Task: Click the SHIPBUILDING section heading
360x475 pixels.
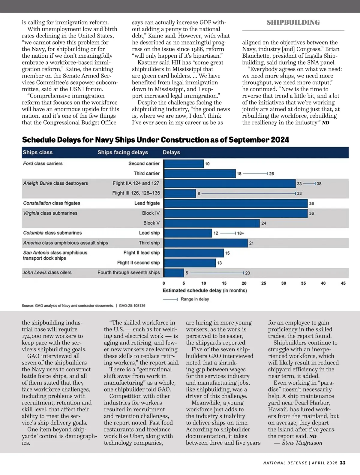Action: pos(293,23)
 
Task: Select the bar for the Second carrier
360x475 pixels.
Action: pos(184,164)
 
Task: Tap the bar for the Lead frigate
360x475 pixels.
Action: pos(236,203)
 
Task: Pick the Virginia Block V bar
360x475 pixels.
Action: pos(212,223)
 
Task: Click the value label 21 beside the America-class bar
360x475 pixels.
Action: pos(251,243)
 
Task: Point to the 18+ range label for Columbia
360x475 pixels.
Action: pos(241,233)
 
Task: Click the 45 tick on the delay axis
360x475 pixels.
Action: pos(343,283)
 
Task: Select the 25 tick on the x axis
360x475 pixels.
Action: pos(263,283)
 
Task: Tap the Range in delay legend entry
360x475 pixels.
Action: pos(195,299)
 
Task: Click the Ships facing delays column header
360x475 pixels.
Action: pos(123,152)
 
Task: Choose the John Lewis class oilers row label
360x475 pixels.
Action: pos(47,273)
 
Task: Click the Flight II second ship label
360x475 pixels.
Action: pos(138,263)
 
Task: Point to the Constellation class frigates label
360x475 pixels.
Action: pos(52,203)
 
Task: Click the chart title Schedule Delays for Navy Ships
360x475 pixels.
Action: pos(155,140)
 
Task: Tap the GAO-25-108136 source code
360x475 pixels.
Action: pos(132,306)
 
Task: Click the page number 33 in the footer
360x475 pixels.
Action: pos(343,463)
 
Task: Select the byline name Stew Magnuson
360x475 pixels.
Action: pos(302,443)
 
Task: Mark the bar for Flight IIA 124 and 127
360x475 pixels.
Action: pos(230,183)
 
